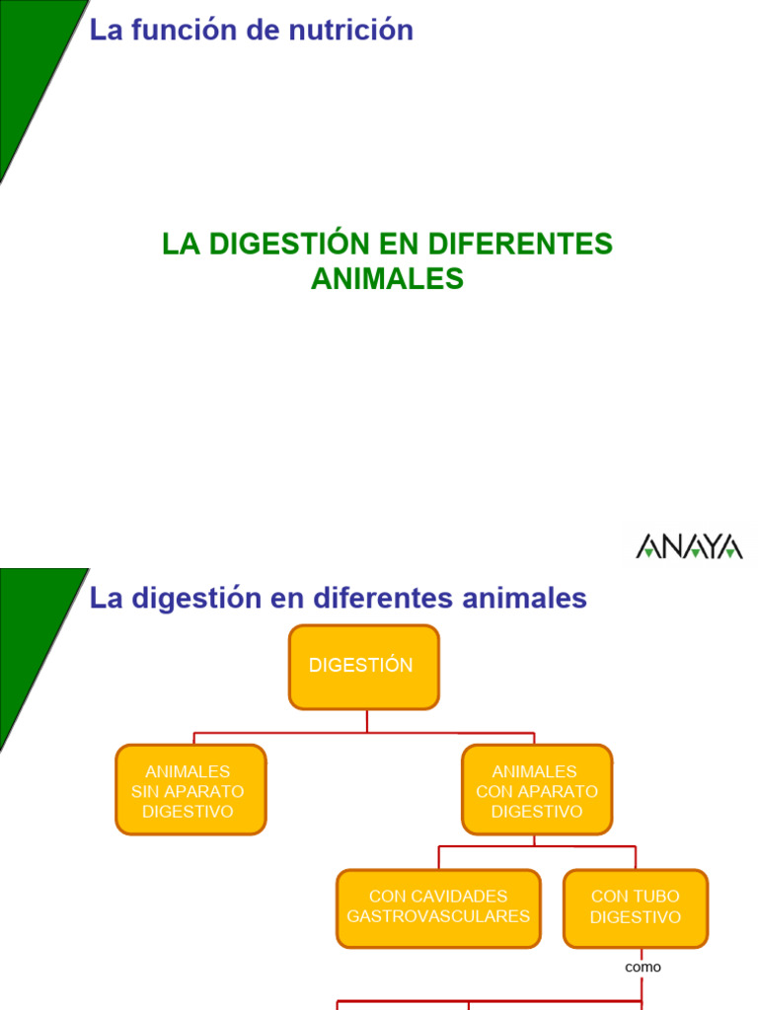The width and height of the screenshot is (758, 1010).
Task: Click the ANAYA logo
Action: coord(689,546)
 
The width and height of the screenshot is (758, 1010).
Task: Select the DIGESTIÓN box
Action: coord(363,667)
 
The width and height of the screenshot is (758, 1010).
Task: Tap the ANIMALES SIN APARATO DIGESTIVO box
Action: coord(190,790)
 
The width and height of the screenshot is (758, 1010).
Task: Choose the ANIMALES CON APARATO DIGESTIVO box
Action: coord(537,790)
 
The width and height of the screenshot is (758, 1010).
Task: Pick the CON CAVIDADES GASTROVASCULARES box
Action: coord(438,907)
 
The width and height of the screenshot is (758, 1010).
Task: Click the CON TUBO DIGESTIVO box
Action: coord(636,907)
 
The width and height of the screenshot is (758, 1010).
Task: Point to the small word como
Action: coord(643,968)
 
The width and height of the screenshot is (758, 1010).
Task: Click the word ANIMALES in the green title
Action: coord(387,280)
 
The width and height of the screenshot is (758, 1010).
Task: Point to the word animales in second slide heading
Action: coord(521,598)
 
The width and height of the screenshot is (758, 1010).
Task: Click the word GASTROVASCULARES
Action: coord(438,917)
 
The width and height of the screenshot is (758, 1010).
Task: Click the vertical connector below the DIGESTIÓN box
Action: coord(367,721)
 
